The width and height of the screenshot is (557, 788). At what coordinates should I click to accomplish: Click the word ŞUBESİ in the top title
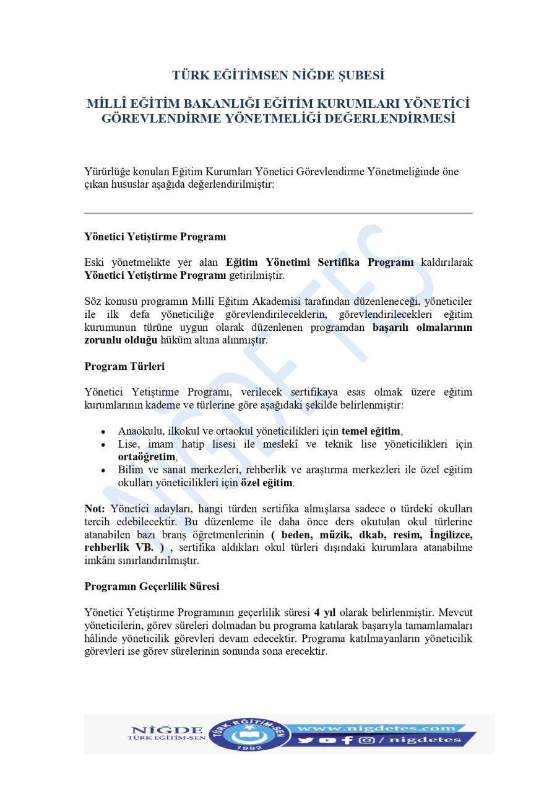click(x=358, y=76)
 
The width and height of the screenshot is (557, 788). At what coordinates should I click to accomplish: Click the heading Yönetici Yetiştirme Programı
click(x=155, y=237)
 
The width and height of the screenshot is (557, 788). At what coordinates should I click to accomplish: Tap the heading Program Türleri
click(x=124, y=366)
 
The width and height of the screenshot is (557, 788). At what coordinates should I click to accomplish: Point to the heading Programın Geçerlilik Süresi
click(x=152, y=585)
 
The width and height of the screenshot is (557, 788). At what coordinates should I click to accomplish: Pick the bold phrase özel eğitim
click(x=267, y=482)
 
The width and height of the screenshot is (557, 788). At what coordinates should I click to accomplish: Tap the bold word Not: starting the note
click(x=95, y=509)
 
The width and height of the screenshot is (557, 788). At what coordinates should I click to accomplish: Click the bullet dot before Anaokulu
click(x=103, y=432)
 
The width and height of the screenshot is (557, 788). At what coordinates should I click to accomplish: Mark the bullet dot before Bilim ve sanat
click(x=103, y=470)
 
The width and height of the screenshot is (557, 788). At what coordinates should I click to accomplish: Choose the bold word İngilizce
click(x=447, y=534)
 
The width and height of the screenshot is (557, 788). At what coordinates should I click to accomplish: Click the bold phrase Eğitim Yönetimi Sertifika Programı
click(x=319, y=262)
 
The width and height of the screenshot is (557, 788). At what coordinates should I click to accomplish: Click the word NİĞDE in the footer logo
click(x=167, y=729)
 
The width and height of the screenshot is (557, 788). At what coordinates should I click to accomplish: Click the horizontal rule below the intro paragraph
click(x=278, y=213)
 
